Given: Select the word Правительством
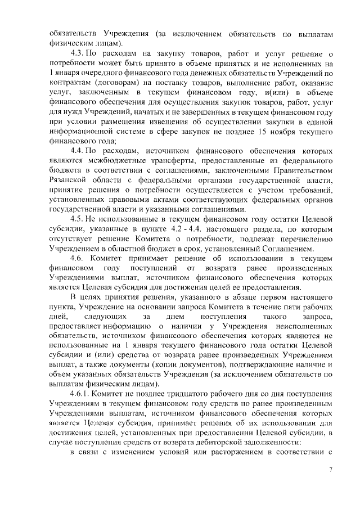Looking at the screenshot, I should tap(298, 170).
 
